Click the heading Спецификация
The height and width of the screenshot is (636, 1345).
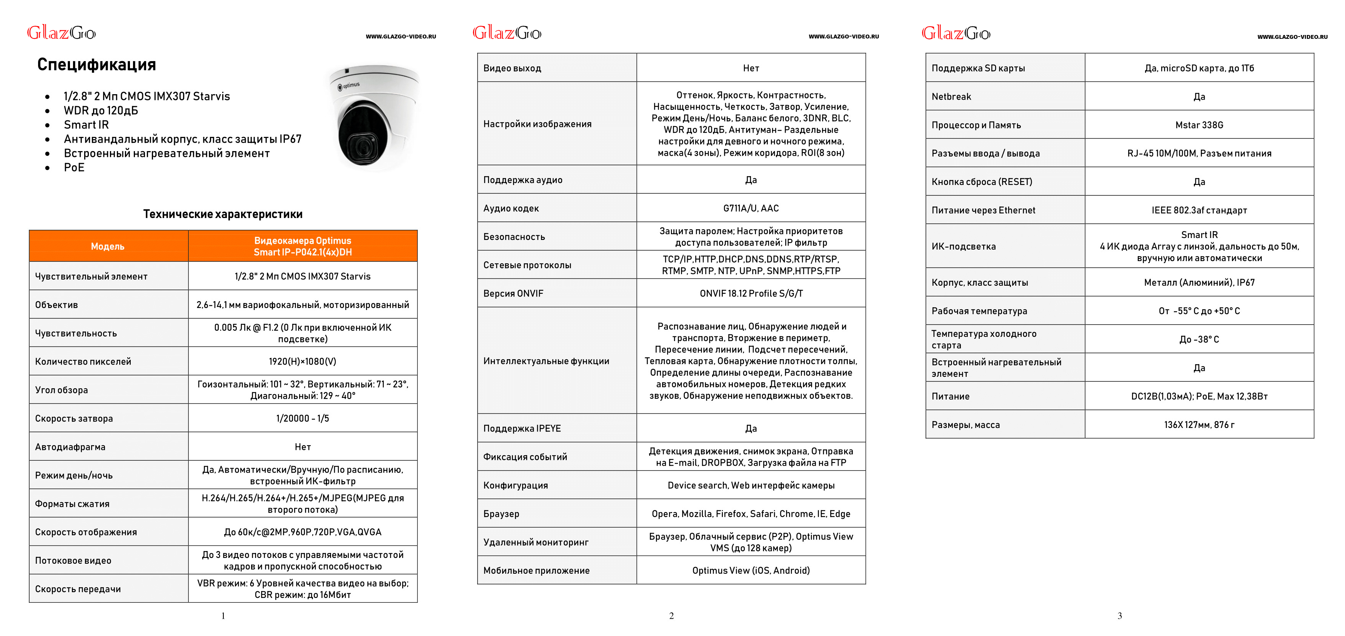(x=97, y=65)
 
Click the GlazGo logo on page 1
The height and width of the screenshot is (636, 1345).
(x=62, y=33)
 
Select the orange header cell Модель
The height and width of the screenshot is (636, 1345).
(x=108, y=246)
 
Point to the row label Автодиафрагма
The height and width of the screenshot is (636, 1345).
(x=70, y=447)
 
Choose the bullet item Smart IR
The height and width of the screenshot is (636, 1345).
(x=86, y=125)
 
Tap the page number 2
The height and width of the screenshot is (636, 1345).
(x=671, y=616)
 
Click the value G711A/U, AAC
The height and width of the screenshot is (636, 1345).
(x=751, y=208)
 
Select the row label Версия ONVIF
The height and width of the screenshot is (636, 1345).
(x=513, y=293)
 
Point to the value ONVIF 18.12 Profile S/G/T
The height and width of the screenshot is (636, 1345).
(x=751, y=293)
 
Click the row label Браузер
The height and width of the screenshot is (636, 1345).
(x=501, y=514)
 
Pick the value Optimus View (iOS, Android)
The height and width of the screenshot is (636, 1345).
(x=751, y=571)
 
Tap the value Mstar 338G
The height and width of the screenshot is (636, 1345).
(x=1199, y=125)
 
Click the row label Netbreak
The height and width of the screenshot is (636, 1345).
(x=951, y=97)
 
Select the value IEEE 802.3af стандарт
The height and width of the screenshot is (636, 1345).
(x=1199, y=210)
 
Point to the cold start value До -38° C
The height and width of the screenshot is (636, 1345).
(x=1199, y=340)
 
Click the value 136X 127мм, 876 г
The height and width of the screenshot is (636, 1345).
(x=1199, y=425)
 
